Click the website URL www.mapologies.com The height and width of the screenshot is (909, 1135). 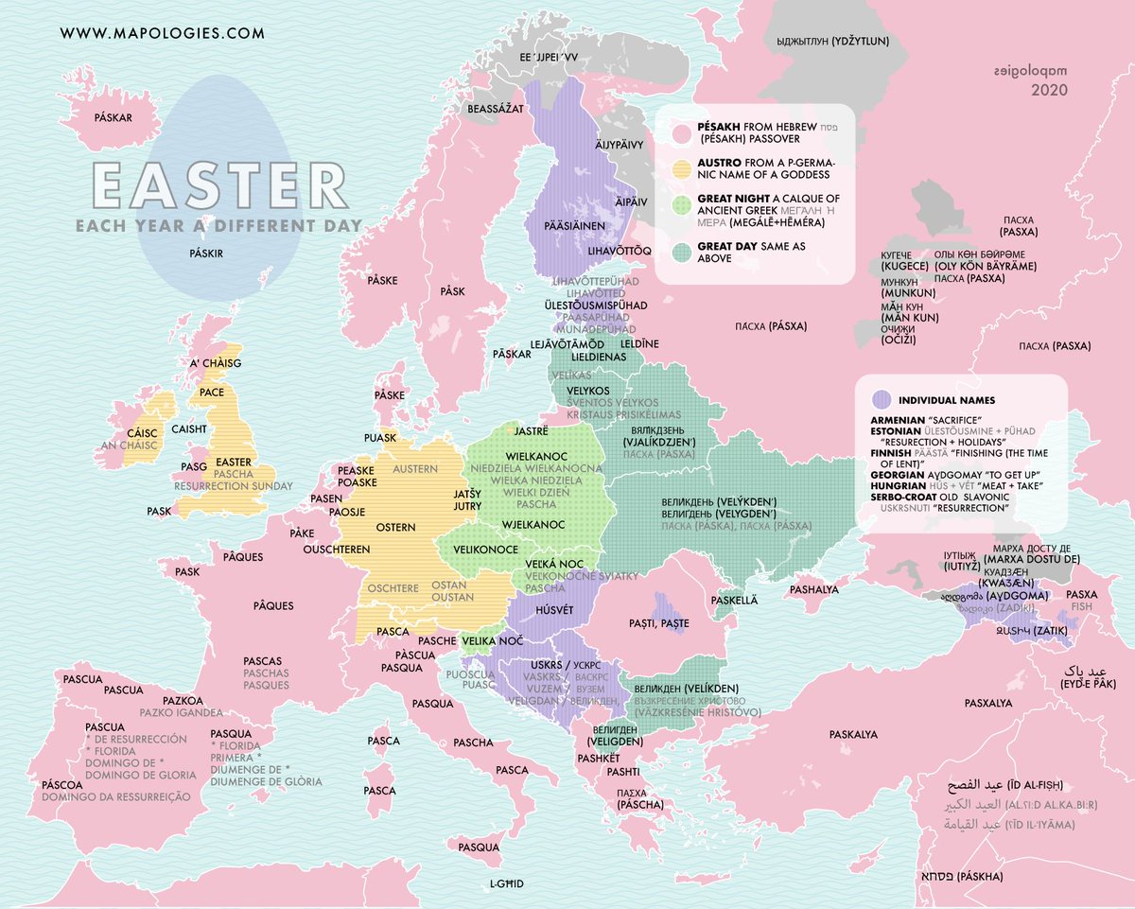[162, 33]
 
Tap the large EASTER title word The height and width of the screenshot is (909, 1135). [218, 185]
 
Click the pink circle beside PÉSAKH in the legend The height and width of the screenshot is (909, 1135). [679, 132]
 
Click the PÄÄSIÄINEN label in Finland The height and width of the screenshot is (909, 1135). [574, 225]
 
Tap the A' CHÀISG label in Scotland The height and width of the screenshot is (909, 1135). [216, 363]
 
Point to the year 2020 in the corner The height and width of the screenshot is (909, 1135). [1049, 91]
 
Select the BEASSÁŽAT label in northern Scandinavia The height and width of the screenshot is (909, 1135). [496, 110]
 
